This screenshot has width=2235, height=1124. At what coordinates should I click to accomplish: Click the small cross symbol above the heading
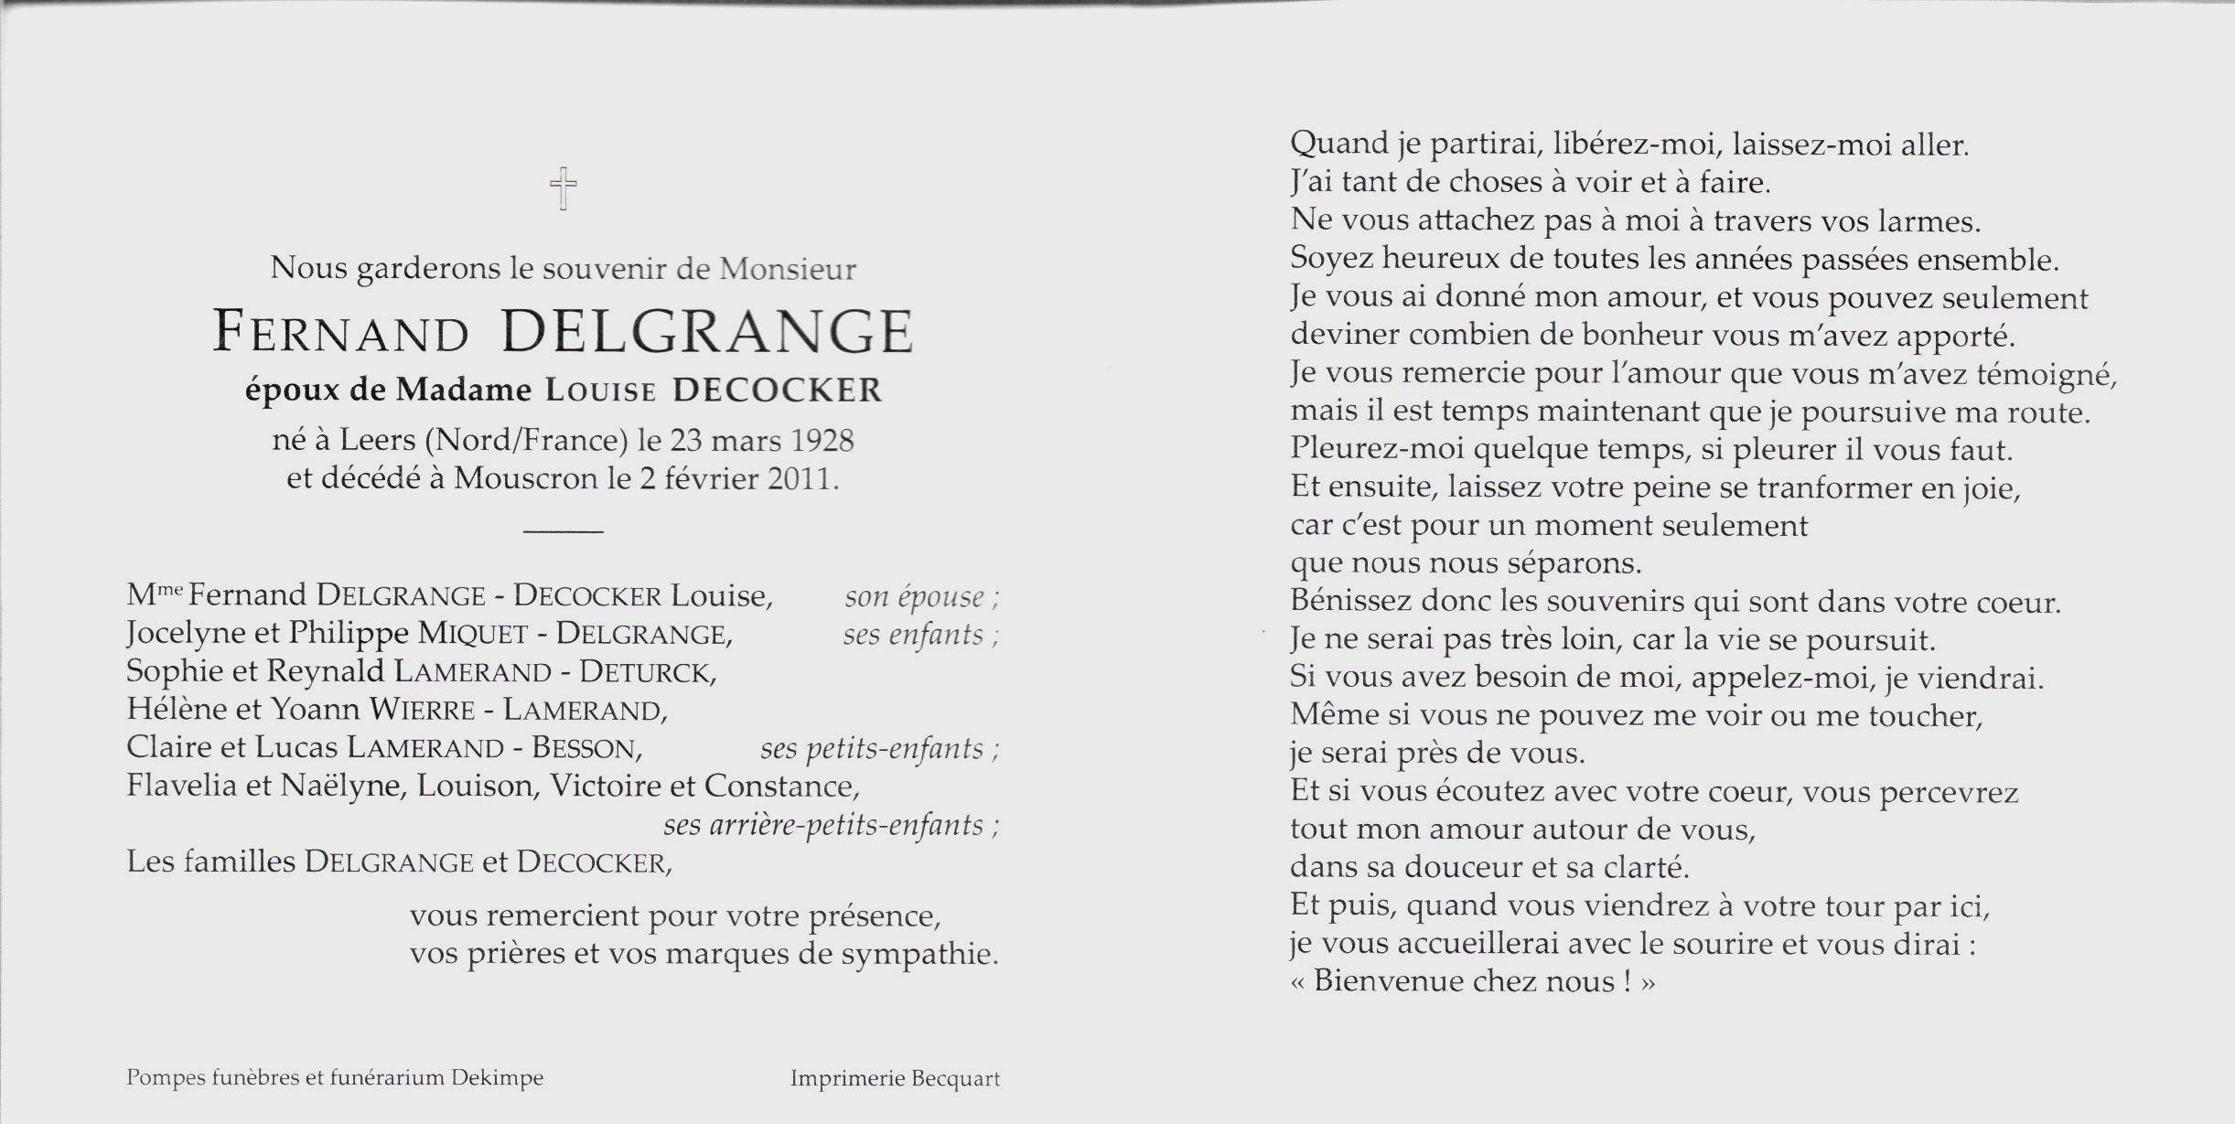(x=564, y=188)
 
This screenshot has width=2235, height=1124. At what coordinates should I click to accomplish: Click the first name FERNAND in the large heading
(x=340, y=332)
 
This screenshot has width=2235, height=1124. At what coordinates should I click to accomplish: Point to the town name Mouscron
(x=524, y=479)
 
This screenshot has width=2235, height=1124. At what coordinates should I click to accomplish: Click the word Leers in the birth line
(x=377, y=441)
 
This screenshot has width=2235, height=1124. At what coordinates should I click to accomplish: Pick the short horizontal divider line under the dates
(x=564, y=530)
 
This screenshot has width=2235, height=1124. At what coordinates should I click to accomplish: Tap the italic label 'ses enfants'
(x=914, y=635)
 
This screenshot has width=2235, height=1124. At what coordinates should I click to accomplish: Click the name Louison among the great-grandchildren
(x=475, y=787)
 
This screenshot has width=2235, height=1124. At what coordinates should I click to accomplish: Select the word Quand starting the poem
(x=1338, y=145)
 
